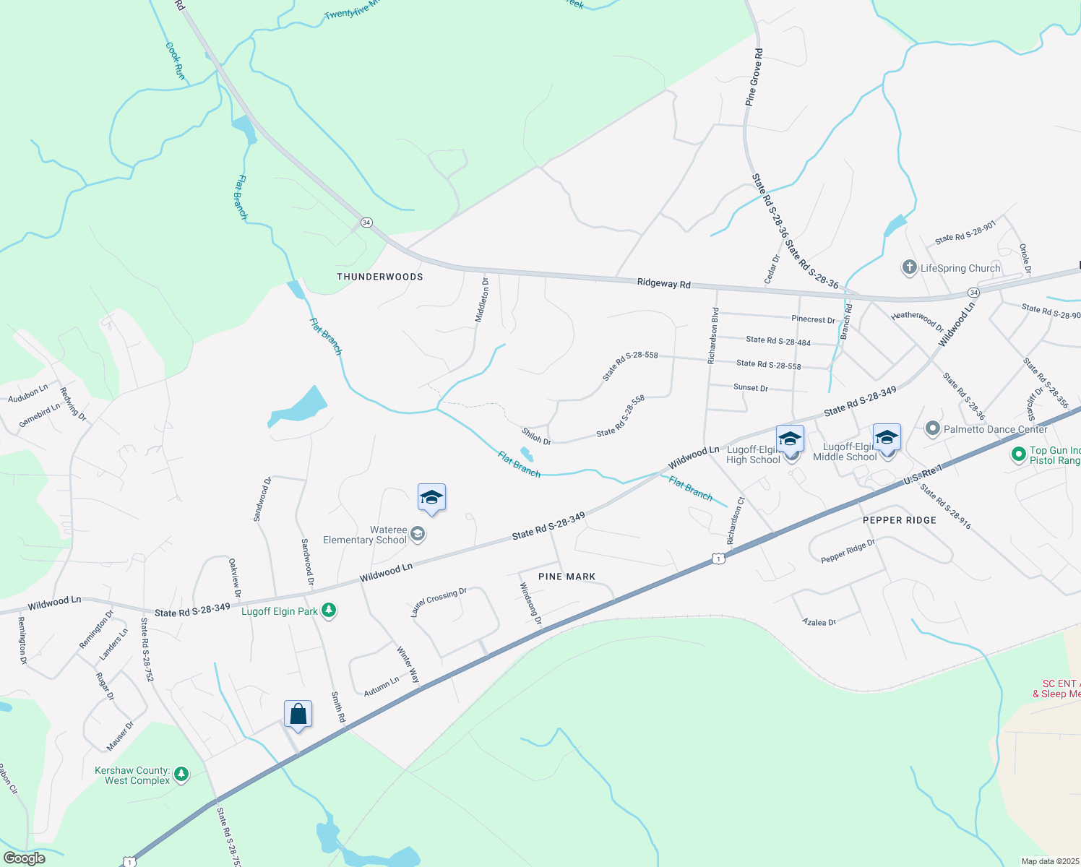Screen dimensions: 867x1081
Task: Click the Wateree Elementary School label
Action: pyautogui.click(x=365, y=535)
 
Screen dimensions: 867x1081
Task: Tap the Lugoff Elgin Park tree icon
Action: pyautogui.click(x=329, y=611)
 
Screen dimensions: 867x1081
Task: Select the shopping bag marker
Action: pyautogui.click(x=298, y=715)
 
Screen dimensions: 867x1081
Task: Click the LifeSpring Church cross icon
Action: pyautogui.click(x=909, y=268)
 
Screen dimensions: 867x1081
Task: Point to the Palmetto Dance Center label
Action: pyautogui.click(x=995, y=429)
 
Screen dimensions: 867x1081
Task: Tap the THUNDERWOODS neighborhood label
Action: pyautogui.click(x=379, y=277)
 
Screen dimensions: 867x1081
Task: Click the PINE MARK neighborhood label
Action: pyautogui.click(x=567, y=577)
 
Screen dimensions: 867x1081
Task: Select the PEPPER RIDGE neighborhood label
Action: pyautogui.click(x=899, y=520)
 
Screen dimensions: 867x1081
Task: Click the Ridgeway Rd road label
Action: pyautogui.click(x=663, y=283)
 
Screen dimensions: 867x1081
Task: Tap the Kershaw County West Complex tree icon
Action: pyautogui.click(x=181, y=775)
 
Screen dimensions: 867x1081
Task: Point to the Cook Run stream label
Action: pyautogui.click(x=175, y=61)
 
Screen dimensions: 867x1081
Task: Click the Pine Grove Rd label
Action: pyautogui.click(x=754, y=78)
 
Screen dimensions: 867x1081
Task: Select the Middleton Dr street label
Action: pyautogui.click(x=483, y=301)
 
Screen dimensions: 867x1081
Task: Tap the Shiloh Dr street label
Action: pyautogui.click(x=536, y=436)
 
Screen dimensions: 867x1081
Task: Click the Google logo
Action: pyautogui.click(x=24, y=858)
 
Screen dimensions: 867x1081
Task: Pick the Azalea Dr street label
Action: pyautogui.click(x=819, y=622)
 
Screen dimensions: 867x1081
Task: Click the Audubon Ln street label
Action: pyautogui.click(x=27, y=394)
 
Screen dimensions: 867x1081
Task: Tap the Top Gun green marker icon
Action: pyautogui.click(x=1018, y=454)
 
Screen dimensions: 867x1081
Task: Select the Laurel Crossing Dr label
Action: pyautogui.click(x=439, y=602)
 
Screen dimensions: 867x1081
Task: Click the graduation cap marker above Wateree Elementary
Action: pyautogui.click(x=431, y=498)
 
